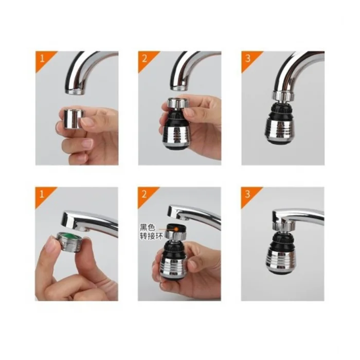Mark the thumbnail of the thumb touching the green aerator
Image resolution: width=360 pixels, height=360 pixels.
[x=52, y=245]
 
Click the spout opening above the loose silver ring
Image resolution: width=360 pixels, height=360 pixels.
[x=76, y=92]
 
